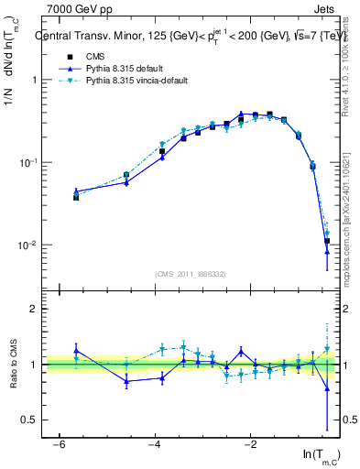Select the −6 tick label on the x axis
click(x=58, y=442)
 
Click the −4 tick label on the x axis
click(x=154, y=442)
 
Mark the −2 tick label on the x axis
click(x=249, y=442)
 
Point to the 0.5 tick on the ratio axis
click(x=29, y=420)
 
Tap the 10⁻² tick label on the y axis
click(x=25, y=245)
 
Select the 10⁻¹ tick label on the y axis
click(x=25, y=163)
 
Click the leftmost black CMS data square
click(x=76, y=197)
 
